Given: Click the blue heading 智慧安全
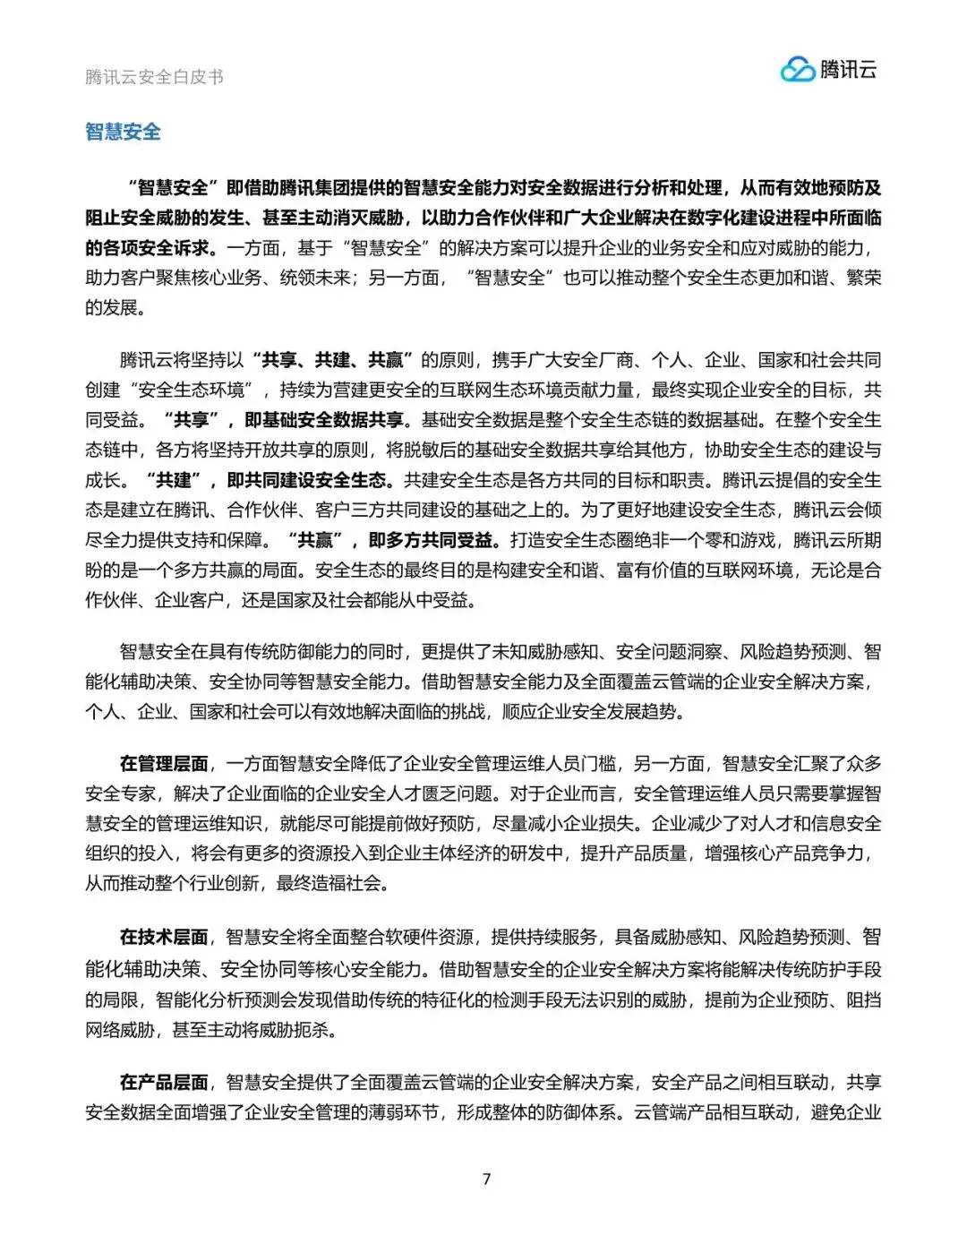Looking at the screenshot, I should [x=123, y=132].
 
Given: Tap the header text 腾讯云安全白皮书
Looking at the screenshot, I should [x=154, y=77].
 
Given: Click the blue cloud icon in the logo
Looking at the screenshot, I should [x=797, y=70].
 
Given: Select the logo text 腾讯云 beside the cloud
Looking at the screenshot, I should [x=849, y=69].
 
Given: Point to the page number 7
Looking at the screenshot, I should [x=486, y=1179].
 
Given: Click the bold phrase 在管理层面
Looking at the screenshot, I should [x=164, y=763].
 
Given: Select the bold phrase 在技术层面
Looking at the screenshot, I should [x=164, y=937].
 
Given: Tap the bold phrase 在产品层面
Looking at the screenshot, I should [x=164, y=1082].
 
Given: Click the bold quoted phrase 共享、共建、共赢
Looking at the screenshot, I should [x=331, y=360].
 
